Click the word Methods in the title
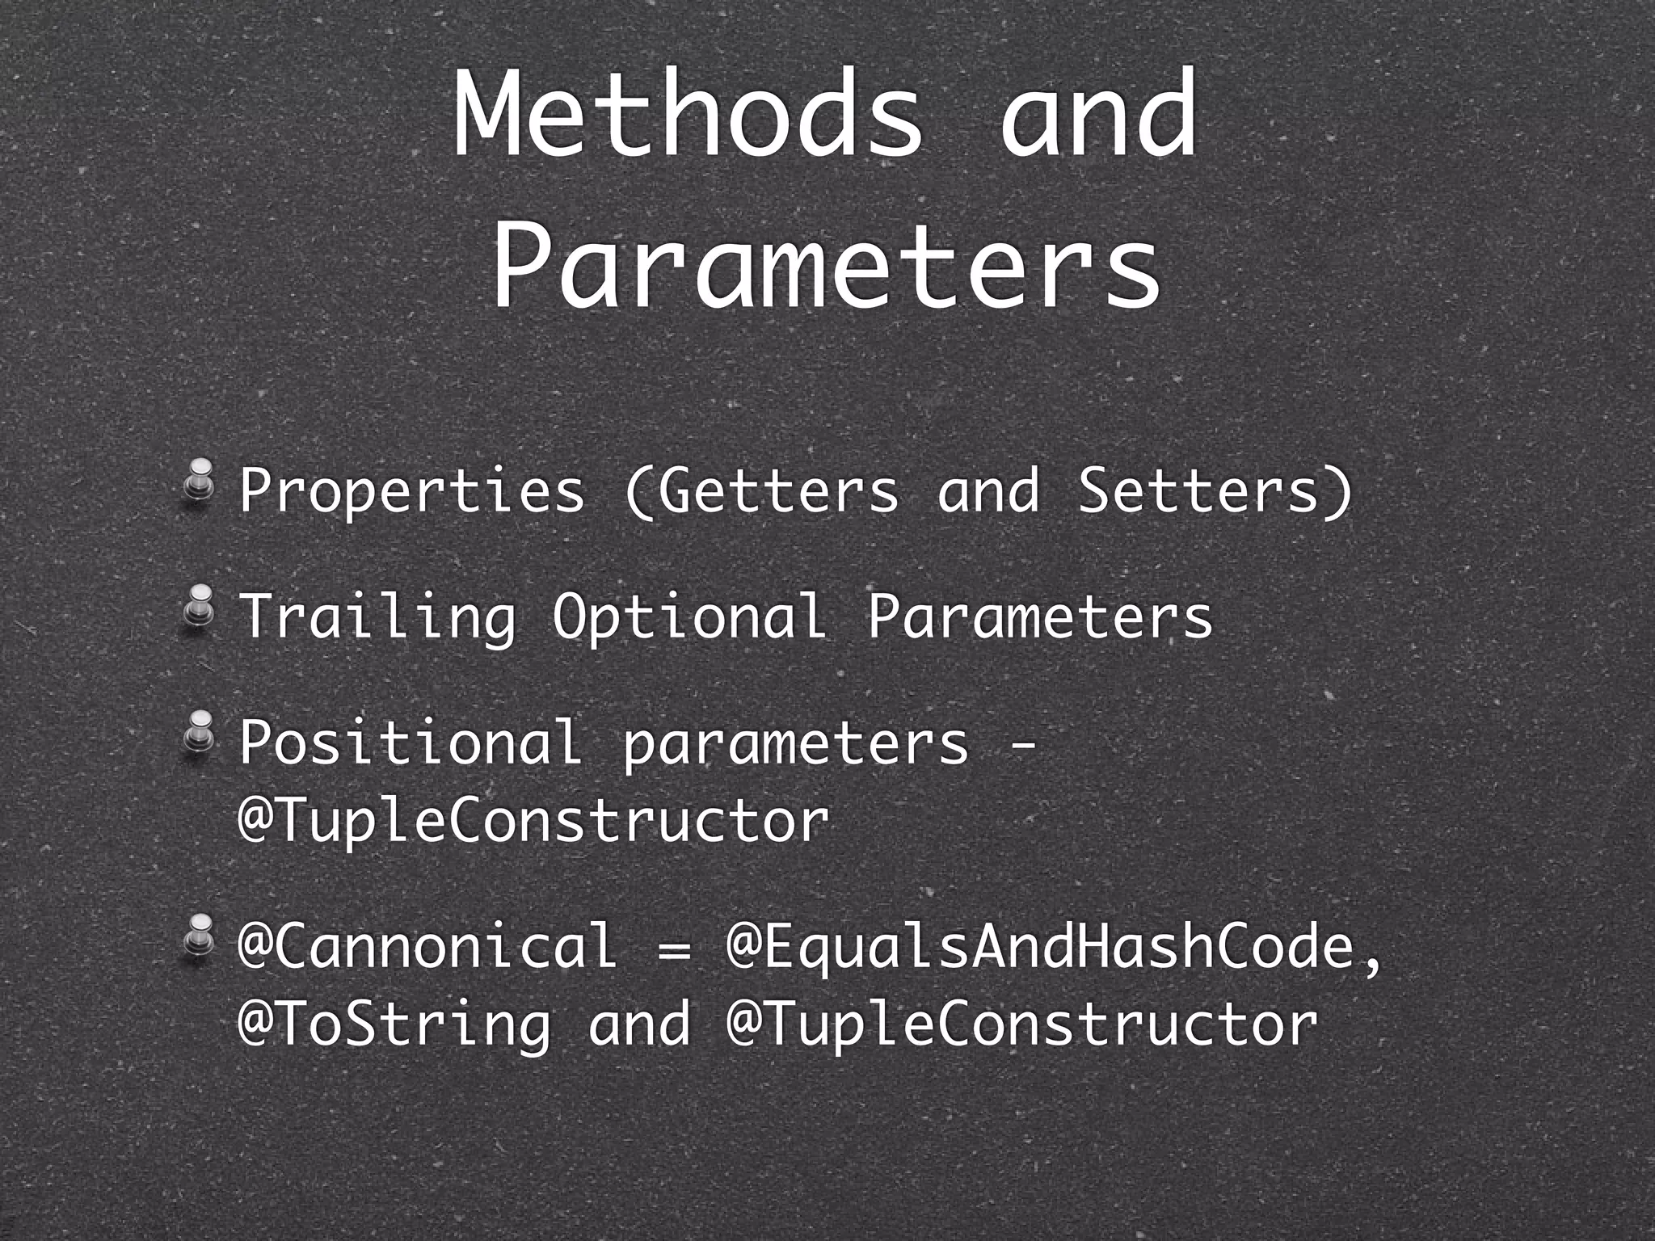(687, 113)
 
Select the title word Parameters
(826, 263)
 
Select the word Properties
(411, 491)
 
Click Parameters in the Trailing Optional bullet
(1039, 616)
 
